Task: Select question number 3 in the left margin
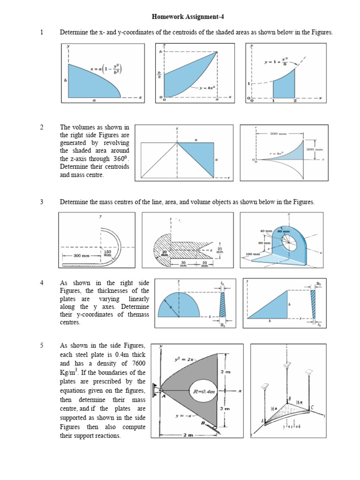(42, 202)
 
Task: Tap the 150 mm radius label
(107, 254)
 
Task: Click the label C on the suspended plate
(312, 407)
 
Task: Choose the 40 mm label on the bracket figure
(266, 231)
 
